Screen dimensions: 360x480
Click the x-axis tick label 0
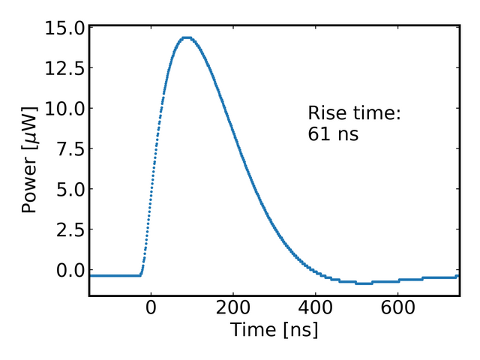point(151,308)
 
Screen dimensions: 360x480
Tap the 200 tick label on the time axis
point(233,308)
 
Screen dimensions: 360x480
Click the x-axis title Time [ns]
point(274,330)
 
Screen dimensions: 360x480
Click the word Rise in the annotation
point(328,113)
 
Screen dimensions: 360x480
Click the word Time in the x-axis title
point(249,330)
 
